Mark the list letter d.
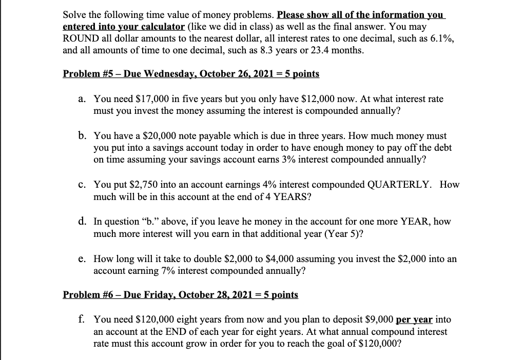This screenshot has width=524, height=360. point(82,222)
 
